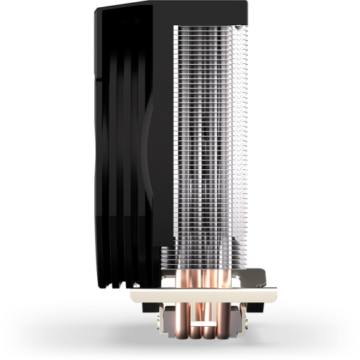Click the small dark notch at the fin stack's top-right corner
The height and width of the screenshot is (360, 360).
click(243, 26)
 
